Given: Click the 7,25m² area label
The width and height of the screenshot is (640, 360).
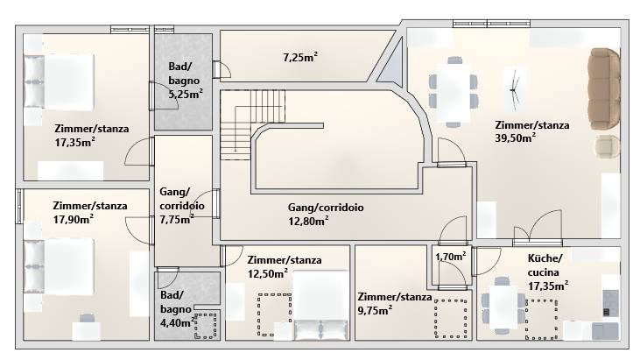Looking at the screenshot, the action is click(x=300, y=57).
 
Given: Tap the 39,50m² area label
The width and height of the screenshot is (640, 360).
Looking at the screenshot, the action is click(x=515, y=138).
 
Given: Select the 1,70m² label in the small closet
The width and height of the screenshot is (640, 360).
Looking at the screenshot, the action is click(x=451, y=257).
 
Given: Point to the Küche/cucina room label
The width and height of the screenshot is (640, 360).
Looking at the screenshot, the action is click(x=545, y=265).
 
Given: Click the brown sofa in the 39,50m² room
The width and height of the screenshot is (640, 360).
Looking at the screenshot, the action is click(x=604, y=88).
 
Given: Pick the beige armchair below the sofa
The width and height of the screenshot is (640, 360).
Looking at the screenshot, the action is click(x=607, y=146).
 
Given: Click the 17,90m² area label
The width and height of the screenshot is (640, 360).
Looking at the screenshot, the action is click(x=73, y=219).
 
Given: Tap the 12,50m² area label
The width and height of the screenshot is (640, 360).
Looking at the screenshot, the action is click(x=267, y=273).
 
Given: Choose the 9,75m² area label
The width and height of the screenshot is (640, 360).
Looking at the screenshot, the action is click(x=375, y=311).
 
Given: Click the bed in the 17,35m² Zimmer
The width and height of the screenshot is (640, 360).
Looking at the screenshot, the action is click(x=60, y=81).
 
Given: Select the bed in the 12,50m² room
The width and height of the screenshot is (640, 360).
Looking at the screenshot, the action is click(x=321, y=306).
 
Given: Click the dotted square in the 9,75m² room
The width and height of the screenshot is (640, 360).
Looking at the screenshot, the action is click(x=451, y=319).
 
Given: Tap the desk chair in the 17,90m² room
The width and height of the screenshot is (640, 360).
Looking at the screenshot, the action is click(x=87, y=318).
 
